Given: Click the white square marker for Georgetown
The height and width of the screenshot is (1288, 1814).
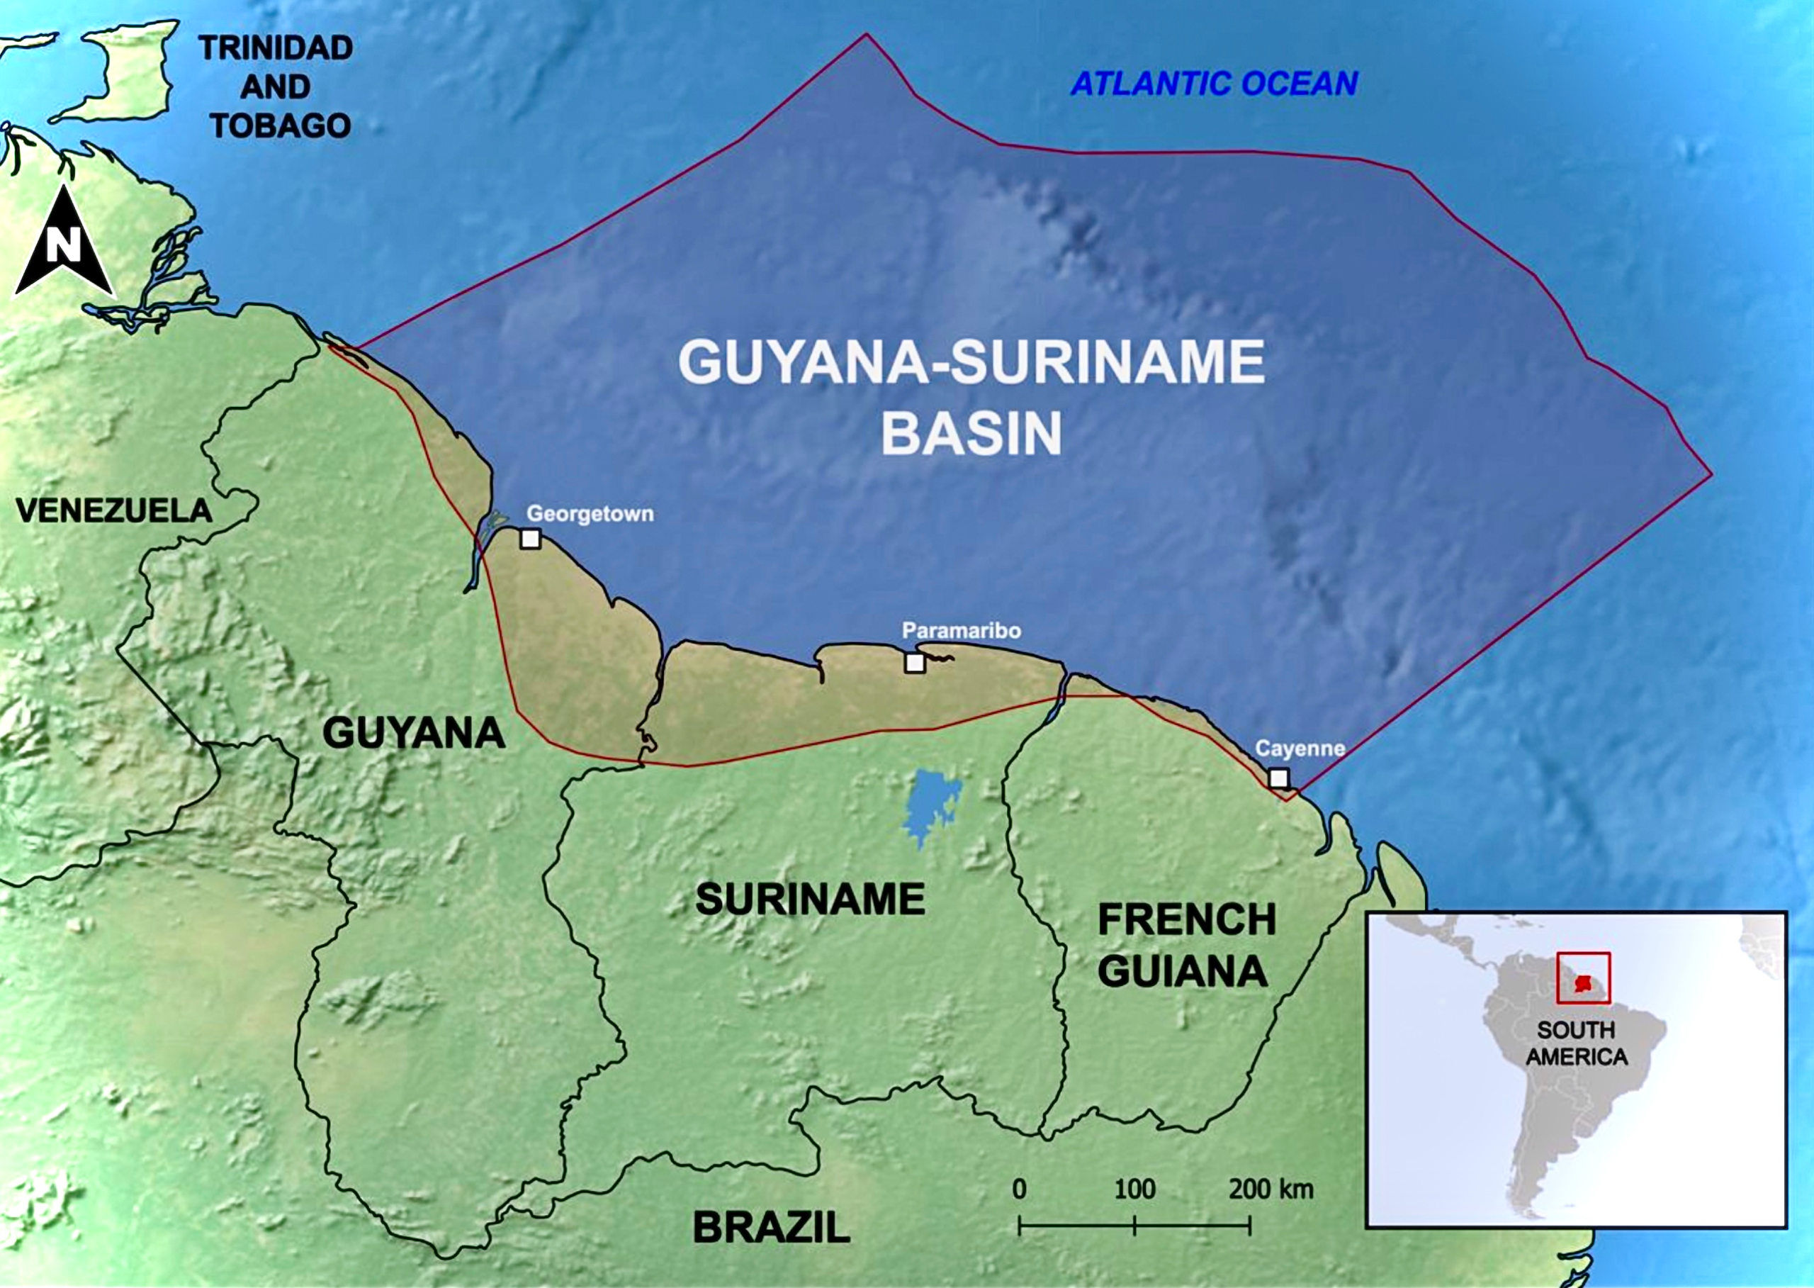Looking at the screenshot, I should (529, 539).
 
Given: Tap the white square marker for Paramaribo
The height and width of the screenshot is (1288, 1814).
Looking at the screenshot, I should (914, 662).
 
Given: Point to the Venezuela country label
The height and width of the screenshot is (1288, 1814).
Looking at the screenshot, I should (113, 510).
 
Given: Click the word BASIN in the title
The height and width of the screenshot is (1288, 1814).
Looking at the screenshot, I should (971, 433).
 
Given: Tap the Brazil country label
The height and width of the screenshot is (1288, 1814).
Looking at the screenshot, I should (771, 1228).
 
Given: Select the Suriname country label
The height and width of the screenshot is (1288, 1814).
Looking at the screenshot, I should (809, 900).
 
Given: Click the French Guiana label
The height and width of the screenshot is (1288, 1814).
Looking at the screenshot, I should (1186, 946).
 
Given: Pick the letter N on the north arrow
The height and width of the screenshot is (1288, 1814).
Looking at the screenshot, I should (64, 245).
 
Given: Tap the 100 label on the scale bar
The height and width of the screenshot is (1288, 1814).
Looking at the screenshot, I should (1134, 1189).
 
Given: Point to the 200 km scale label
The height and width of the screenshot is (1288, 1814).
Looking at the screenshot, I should (1271, 1189).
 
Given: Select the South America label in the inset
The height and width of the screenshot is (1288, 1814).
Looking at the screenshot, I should (1576, 1043).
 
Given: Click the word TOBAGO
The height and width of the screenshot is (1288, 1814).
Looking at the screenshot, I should (280, 126).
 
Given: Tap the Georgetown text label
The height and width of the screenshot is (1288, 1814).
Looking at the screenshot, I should (590, 514).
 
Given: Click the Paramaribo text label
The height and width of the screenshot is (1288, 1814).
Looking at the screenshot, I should (961, 630).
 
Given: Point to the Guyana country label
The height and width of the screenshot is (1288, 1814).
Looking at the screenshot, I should (413, 732).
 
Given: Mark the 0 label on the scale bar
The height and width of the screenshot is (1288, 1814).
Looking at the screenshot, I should (1020, 1189).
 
